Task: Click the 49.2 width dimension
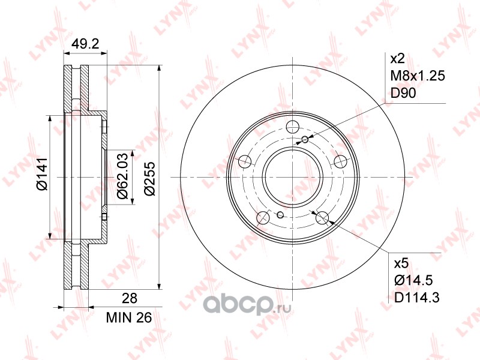coord(85,44)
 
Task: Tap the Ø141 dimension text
coord(41,174)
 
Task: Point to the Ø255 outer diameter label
coord(149,179)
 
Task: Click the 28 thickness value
coord(130,298)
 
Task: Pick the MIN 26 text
coord(129,318)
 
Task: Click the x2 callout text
coord(398,58)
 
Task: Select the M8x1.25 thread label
coord(418,76)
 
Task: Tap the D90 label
coord(403,93)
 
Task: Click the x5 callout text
coord(401,263)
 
